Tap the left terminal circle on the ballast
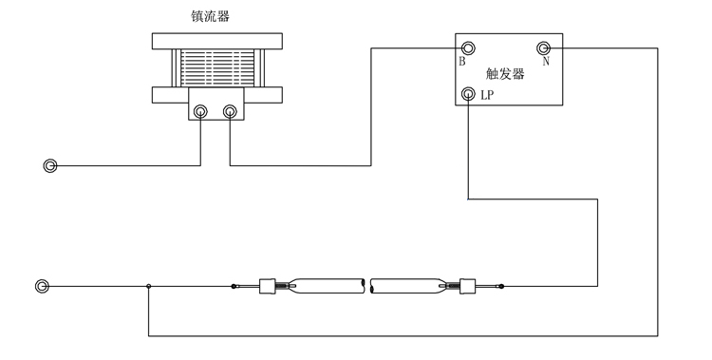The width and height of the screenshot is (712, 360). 201,112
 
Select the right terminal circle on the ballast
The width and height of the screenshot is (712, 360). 229,112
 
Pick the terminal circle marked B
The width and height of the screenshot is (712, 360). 467,47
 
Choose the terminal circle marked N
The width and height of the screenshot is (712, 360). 545,47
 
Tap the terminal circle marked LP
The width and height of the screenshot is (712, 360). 467,94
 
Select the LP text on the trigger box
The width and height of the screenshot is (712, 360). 487,95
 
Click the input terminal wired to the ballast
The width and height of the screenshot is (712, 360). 50,166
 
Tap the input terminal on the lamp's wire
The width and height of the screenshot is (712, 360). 42,284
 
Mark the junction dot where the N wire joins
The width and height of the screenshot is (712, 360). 148,284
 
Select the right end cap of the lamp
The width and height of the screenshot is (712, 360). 467,284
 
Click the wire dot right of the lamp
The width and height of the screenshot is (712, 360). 501,284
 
